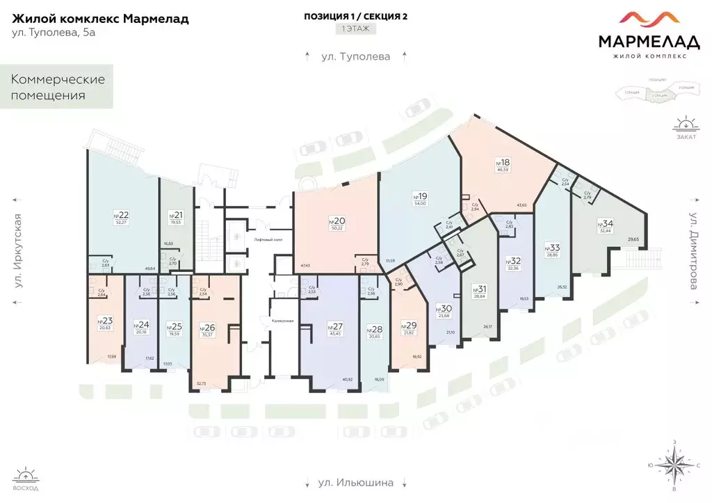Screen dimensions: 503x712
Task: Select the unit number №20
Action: [x=337, y=221]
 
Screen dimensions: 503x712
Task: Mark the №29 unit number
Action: [x=410, y=325]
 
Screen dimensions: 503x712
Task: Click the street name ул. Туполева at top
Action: [x=355, y=56]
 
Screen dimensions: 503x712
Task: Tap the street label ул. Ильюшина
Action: [x=355, y=482]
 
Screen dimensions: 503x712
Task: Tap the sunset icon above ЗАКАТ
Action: [x=685, y=125]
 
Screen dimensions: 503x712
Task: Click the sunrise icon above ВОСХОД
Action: [x=25, y=477]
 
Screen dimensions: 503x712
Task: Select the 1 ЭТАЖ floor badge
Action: [x=355, y=29]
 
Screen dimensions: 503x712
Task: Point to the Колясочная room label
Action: [x=272, y=321]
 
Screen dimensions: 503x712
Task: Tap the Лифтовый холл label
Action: [x=267, y=239]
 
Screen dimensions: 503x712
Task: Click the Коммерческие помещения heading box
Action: [x=58, y=87]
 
